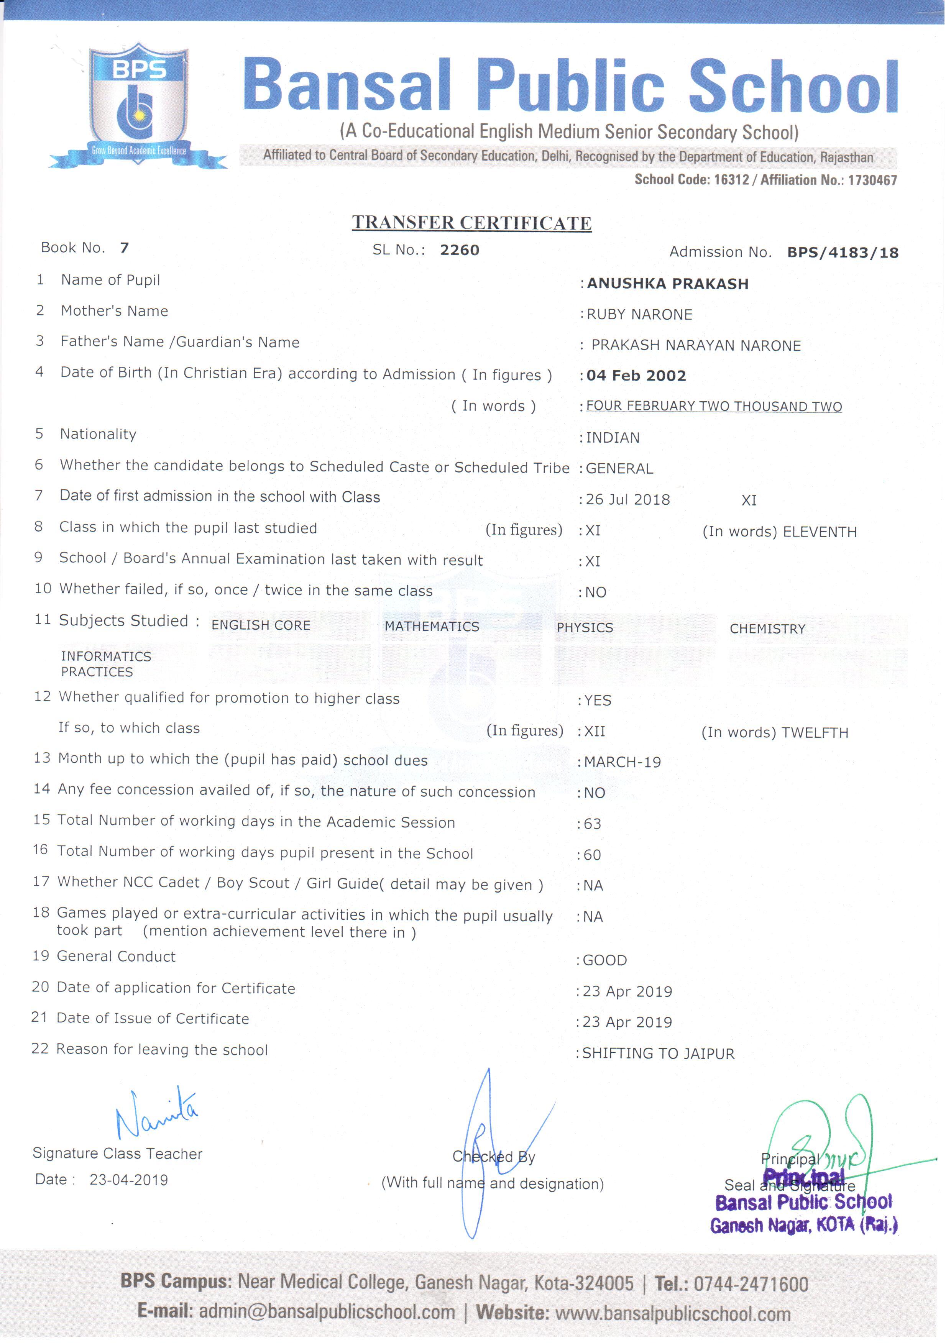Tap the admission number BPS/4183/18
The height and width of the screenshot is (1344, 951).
(x=842, y=253)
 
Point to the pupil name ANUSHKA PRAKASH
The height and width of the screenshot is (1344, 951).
(x=668, y=284)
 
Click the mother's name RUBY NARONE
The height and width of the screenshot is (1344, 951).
(x=639, y=315)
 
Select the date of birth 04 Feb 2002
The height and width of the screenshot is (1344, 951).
(x=636, y=376)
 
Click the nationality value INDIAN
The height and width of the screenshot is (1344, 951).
(x=613, y=438)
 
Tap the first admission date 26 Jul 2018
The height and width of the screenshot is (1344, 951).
(x=628, y=500)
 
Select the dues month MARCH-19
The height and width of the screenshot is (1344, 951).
(x=623, y=763)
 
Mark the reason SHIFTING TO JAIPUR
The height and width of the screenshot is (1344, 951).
(x=658, y=1054)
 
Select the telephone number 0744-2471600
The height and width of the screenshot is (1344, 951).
(x=751, y=1284)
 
